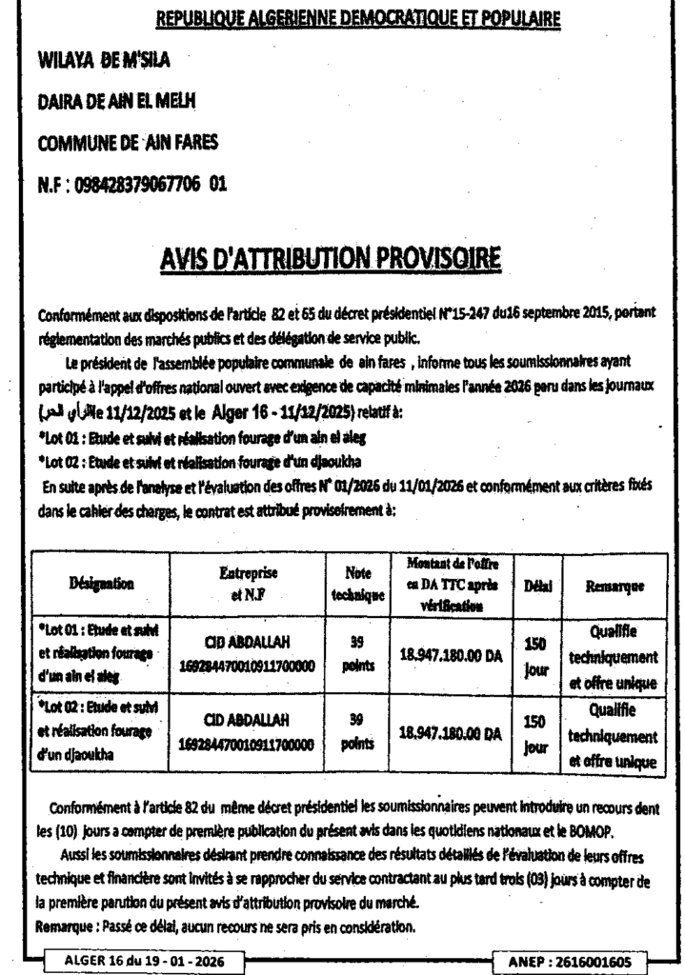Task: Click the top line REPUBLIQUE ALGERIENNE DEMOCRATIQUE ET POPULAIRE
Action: [357, 18]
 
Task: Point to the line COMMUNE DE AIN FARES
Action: [128, 143]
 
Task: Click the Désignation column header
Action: [101, 583]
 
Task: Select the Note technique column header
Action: [357, 583]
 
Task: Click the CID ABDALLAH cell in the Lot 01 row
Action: [247, 654]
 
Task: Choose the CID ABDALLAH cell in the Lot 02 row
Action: [247, 732]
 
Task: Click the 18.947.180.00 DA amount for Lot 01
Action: [450, 654]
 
